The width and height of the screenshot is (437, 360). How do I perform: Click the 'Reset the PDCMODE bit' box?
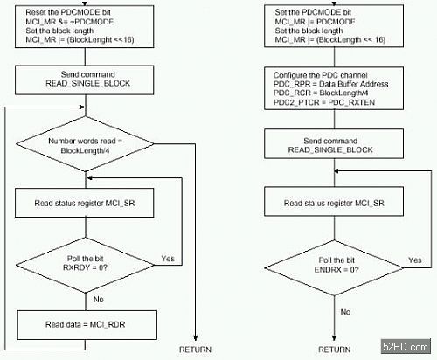click(85, 26)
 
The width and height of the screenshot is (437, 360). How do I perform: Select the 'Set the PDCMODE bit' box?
click(334, 26)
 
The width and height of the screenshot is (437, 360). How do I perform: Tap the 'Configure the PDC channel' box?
click(334, 88)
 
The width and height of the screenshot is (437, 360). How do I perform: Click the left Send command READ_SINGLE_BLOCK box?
click(85, 80)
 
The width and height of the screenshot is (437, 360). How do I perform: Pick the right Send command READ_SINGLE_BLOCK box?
click(334, 144)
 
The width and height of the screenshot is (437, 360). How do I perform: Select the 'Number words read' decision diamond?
click(85, 144)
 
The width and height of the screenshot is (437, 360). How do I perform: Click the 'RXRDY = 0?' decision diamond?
click(85, 265)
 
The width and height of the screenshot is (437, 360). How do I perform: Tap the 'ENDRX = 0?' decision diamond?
click(334, 268)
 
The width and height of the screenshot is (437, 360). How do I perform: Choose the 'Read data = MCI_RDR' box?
click(87, 325)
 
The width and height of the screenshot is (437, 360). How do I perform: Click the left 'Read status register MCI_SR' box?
click(85, 203)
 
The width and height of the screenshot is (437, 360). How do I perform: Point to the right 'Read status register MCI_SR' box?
click(334, 202)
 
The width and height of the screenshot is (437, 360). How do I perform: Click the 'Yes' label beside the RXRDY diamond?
click(168, 259)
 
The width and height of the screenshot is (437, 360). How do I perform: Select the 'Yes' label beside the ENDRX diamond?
click(415, 260)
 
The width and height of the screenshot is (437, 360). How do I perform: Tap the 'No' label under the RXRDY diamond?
click(99, 300)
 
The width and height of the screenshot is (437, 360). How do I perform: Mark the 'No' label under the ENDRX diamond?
click(345, 312)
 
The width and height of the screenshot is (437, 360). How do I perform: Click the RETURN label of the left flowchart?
click(195, 350)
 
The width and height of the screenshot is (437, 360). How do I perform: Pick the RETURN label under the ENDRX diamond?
click(335, 350)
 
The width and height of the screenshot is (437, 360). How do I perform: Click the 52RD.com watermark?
click(406, 347)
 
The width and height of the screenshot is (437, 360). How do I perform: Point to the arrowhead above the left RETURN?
click(195, 337)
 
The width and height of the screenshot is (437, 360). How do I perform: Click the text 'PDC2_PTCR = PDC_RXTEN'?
click(324, 102)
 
